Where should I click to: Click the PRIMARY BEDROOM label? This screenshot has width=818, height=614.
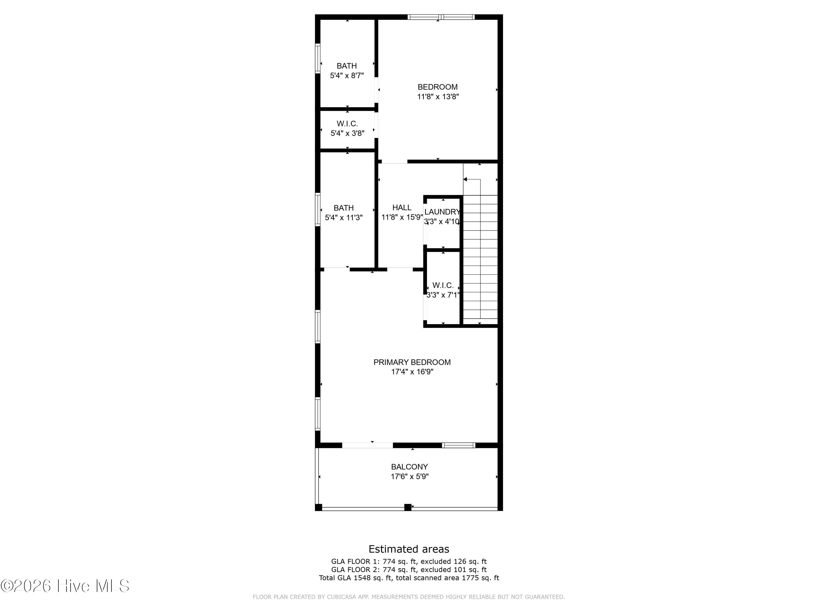click(x=412, y=362)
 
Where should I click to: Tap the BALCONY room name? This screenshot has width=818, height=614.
click(x=409, y=467)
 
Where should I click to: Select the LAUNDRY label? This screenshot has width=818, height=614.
click(x=442, y=212)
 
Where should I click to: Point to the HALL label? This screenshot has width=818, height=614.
click(x=402, y=208)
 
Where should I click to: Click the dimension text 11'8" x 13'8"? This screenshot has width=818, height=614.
click(x=438, y=97)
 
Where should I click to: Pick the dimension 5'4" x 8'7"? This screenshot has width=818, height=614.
click(x=347, y=76)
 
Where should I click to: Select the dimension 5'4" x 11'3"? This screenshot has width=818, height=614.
click(x=344, y=217)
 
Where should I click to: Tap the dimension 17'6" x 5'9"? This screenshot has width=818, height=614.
click(x=409, y=477)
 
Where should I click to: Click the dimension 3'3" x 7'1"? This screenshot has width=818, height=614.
click(x=443, y=295)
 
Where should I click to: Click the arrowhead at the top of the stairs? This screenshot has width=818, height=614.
click(x=465, y=180)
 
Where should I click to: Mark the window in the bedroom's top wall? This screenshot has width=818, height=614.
click(x=441, y=17)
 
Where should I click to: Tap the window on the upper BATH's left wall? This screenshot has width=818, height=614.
click(x=318, y=58)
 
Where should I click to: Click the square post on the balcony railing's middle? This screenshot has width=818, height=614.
click(x=408, y=507)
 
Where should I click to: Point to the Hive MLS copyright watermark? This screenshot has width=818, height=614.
click(x=65, y=586)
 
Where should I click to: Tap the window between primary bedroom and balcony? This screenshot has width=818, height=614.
click(x=458, y=445)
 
